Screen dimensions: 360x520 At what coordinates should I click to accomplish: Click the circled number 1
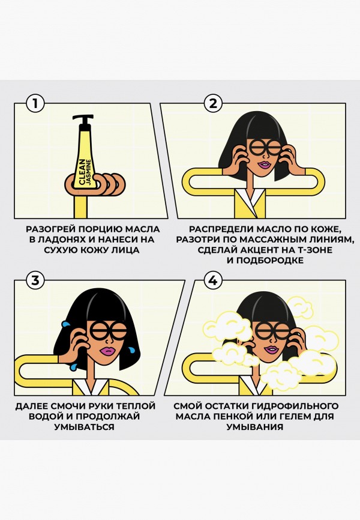click(35, 103)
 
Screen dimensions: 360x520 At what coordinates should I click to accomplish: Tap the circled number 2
click(213, 103)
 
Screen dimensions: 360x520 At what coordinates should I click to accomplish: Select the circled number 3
click(35, 280)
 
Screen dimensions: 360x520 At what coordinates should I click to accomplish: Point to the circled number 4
click(213, 280)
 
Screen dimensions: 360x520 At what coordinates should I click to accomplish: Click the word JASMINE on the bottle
click(89, 172)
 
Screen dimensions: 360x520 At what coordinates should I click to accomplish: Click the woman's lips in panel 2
click(265, 165)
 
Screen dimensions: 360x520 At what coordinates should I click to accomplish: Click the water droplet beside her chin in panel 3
click(132, 349)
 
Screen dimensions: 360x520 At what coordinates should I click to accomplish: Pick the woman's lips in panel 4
click(271, 349)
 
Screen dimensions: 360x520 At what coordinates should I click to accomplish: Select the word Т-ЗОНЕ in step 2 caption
click(313, 250)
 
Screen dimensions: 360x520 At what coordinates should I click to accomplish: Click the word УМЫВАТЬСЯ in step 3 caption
click(84, 427)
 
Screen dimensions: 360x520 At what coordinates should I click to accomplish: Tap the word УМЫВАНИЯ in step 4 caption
click(255, 427)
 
